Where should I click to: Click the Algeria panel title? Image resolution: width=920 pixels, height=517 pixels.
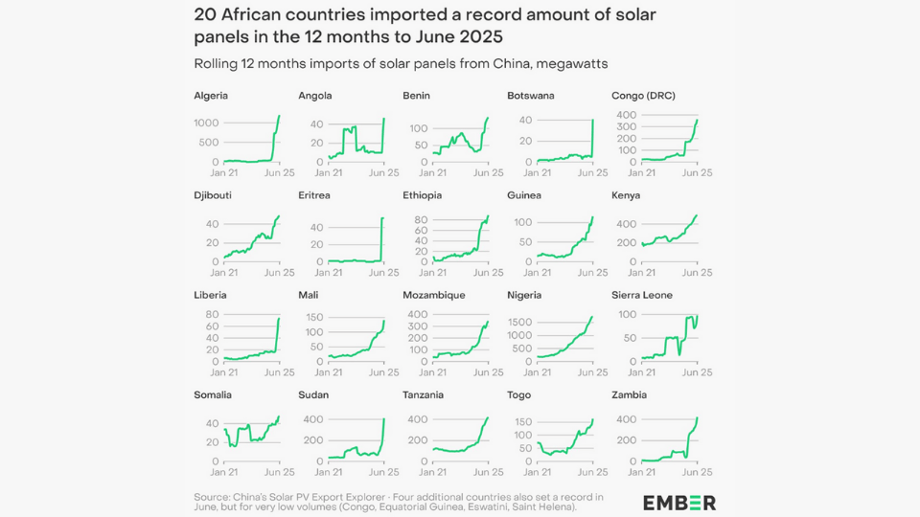point(211,96)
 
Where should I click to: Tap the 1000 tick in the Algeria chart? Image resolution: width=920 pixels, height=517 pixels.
point(206,124)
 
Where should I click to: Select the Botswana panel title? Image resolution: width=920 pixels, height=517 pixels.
point(530,96)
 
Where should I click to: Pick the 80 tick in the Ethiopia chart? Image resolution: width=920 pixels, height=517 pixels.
point(419,219)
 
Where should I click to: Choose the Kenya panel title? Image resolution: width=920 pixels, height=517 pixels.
point(626,195)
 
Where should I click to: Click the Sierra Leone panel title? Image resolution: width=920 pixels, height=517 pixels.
point(642,295)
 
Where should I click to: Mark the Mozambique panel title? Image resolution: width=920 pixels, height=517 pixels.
point(433,295)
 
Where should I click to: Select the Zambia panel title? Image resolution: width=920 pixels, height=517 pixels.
point(629,394)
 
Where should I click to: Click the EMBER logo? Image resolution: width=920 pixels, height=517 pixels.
point(679,503)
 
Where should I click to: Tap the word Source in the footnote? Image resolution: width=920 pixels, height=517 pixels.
point(212,496)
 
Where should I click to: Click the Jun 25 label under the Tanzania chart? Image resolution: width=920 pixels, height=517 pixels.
point(489,472)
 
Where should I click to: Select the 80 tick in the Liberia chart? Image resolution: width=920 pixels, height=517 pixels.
point(212,315)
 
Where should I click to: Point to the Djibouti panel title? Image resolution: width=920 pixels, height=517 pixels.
point(213,195)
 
